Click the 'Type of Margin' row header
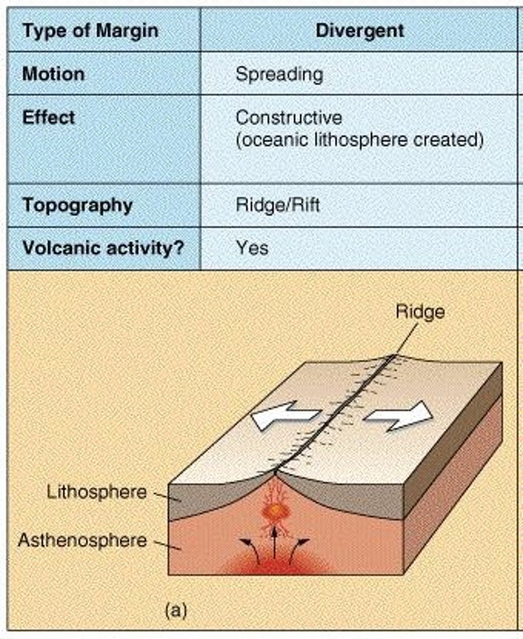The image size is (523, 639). click(90, 31)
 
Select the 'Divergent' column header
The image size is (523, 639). click(360, 30)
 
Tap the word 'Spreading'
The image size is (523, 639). click(279, 74)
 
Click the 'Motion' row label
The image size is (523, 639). click(53, 73)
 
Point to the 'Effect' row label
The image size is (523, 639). click(48, 117)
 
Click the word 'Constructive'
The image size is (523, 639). click(289, 117)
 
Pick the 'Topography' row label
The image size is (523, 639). click(77, 205)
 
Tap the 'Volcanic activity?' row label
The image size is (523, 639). click(103, 248)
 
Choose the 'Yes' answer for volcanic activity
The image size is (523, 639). click(252, 248)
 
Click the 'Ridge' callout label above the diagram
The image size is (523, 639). click(420, 312)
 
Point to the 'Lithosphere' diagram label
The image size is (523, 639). click(96, 491)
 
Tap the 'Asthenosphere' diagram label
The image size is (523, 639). click(82, 540)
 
